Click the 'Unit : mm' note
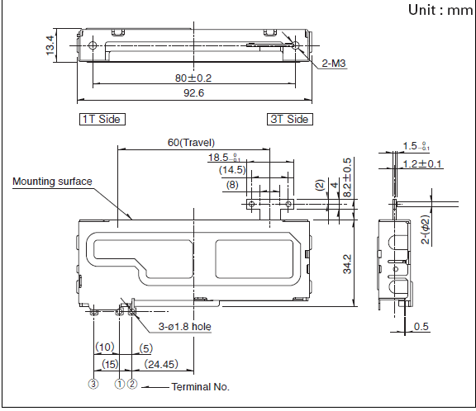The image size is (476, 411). pyautogui.click(x=440, y=10)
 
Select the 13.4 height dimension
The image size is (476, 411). pyautogui.click(x=50, y=45)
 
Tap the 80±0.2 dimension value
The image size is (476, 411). pyautogui.click(x=193, y=78)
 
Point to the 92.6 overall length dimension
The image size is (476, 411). pyautogui.click(x=193, y=92)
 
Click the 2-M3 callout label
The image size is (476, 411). pyautogui.click(x=334, y=64)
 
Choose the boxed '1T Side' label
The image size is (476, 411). pyautogui.click(x=102, y=119)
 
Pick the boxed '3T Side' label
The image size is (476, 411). pyautogui.click(x=290, y=119)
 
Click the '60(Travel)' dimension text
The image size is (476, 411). pyautogui.click(x=191, y=143)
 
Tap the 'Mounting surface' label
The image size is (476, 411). pyautogui.click(x=52, y=182)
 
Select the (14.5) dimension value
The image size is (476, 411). pyautogui.click(x=232, y=170)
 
